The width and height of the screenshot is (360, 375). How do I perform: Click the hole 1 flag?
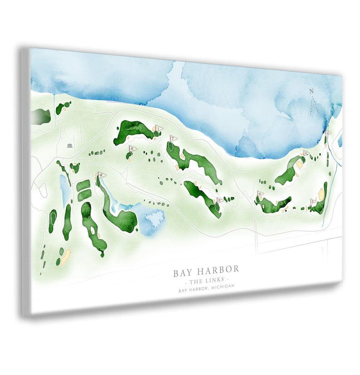click(158, 128)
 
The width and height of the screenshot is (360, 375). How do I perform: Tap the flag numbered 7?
click(173, 138)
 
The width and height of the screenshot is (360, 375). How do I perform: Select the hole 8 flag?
click(132, 148)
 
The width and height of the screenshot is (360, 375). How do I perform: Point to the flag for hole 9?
click(102, 175)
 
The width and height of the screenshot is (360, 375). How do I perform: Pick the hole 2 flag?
click(220, 200)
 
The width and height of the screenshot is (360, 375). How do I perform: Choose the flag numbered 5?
click(313, 201)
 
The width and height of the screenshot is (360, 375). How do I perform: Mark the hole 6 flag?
click(260, 194)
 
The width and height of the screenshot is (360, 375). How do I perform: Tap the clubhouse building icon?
click(70, 145)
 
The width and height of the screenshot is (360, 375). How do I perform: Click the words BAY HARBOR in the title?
click(206, 271)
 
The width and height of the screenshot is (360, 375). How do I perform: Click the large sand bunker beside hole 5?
click(321, 194)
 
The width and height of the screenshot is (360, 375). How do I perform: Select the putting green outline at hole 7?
click(170, 147)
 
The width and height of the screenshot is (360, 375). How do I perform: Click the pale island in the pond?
click(155, 219)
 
